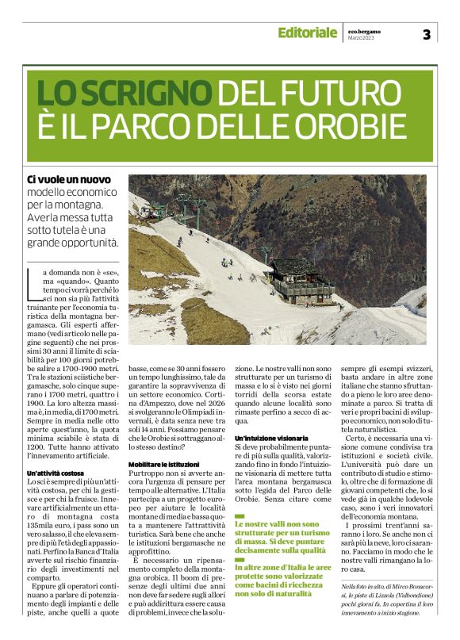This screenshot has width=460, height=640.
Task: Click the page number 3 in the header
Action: tap(426, 33)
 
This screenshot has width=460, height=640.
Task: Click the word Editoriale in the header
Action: tap(307, 33)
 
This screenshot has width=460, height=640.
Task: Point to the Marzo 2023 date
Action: tap(362, 37)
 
